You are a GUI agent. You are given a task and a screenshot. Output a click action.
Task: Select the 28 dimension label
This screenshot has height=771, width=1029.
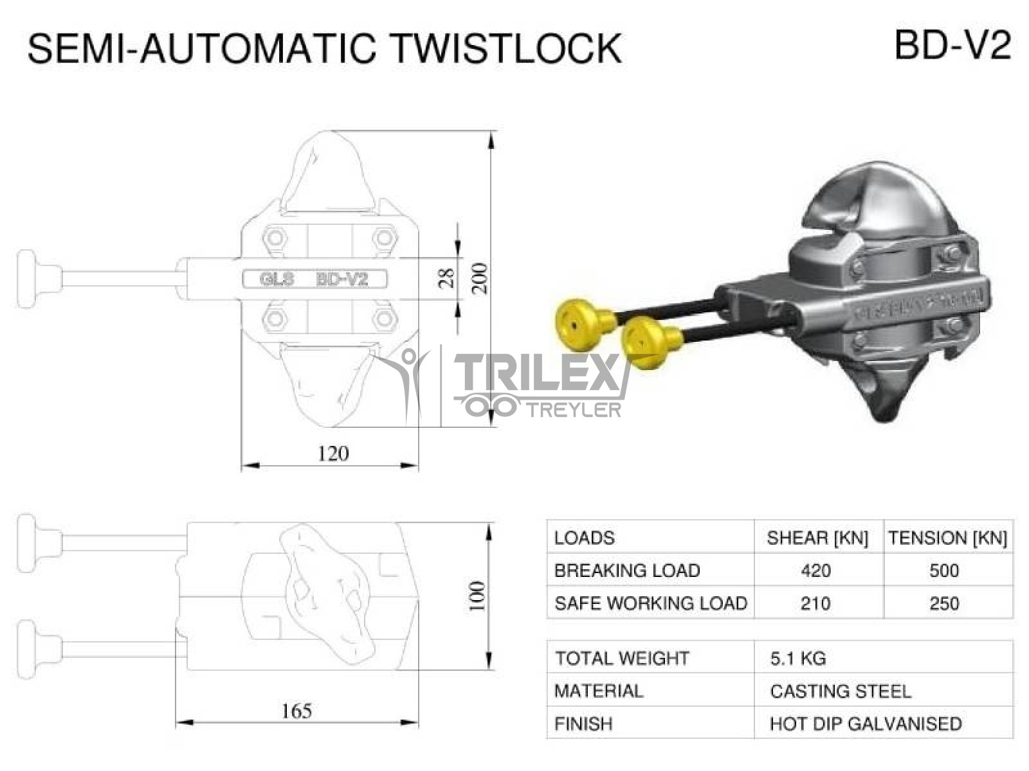click(447, 278)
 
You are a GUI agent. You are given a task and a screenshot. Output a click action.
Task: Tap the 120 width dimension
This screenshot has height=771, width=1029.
click(333, 454)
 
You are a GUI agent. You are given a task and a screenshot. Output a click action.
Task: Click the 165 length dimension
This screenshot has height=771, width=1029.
click(296, 711)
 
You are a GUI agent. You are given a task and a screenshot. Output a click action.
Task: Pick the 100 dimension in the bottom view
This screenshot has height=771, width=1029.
click(477, 596)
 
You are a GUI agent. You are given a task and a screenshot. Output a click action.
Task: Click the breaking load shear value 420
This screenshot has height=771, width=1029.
click(816, 571)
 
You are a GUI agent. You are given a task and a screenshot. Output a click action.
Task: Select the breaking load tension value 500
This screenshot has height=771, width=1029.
click(944, 571)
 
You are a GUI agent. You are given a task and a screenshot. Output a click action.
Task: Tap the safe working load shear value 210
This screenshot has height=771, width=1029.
click(815, 603)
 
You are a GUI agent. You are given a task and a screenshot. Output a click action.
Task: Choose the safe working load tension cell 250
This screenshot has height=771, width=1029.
click(944, 603)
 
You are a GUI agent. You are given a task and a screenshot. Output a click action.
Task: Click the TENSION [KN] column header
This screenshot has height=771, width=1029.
click(947, 538)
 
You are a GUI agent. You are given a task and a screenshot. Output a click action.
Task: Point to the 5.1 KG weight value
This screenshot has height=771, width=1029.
click(797, 659)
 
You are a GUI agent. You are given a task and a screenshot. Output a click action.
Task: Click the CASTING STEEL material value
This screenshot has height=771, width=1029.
click(840, 691)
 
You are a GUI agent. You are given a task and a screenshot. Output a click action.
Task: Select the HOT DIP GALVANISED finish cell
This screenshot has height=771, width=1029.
click(865, 724)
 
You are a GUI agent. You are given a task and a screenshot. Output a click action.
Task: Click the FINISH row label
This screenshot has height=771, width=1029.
click(583, 724)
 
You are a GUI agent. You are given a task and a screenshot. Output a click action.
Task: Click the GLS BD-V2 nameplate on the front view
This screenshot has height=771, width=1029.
click(314, 279)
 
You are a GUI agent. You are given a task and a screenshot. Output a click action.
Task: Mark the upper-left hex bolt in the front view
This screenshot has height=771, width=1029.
click(275, 238)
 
